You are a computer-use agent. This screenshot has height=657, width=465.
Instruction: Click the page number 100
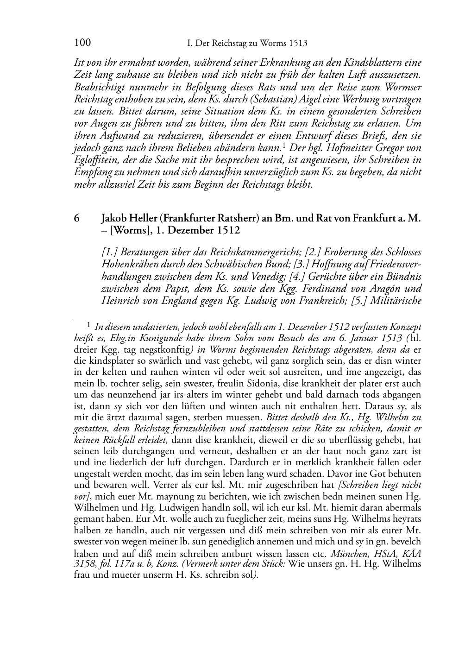[82, 43]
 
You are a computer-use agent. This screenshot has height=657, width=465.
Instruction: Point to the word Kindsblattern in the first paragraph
[371, 63]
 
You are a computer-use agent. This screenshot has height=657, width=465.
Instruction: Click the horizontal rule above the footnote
[91, 319]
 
